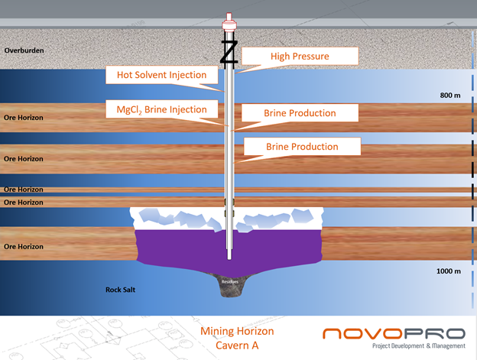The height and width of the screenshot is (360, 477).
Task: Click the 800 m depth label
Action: [450, 95]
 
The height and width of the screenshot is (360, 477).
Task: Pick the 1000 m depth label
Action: [448, 271]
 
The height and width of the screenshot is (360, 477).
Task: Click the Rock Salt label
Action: [122, 290]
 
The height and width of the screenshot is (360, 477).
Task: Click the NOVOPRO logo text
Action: [393, 334]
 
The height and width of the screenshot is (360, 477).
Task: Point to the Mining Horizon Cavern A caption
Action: [236, 339]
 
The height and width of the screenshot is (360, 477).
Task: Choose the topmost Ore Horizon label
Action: [23, 117]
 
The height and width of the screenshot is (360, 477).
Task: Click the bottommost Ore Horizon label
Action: [23, 246]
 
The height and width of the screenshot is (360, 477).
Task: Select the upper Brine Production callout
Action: [300, 113]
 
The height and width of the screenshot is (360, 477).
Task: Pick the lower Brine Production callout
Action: [301, 146]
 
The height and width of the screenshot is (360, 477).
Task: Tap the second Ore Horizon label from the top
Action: [23, 158]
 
